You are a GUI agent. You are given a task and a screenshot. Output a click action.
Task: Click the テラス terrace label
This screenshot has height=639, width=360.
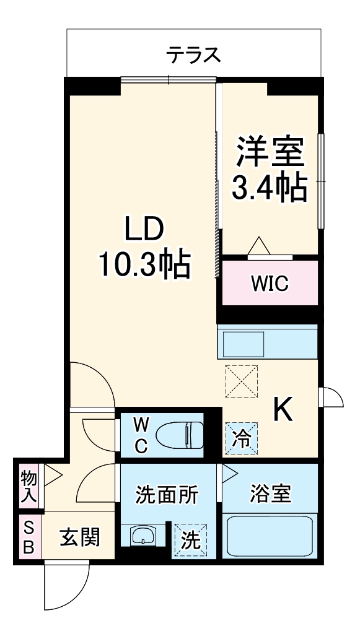click(193, 55)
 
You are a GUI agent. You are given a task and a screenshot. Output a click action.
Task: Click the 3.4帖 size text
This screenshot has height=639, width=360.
click(269, 187)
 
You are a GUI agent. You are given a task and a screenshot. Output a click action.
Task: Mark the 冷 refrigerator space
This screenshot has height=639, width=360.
click(242, 439)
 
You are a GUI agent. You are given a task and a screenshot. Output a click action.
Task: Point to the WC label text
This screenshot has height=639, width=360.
click(141, 436)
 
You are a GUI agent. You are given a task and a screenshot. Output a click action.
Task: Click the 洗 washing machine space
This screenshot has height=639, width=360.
click(190, 541)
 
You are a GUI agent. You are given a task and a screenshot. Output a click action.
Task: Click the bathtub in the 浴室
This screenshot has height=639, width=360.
click(270, 536)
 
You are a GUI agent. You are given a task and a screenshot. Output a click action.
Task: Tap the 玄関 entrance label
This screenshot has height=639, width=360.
click(79, 537)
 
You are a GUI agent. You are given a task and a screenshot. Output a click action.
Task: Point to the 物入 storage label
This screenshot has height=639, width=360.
click(29, 485)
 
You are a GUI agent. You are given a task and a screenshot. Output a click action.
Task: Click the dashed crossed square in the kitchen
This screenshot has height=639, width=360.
click(242, 381)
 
